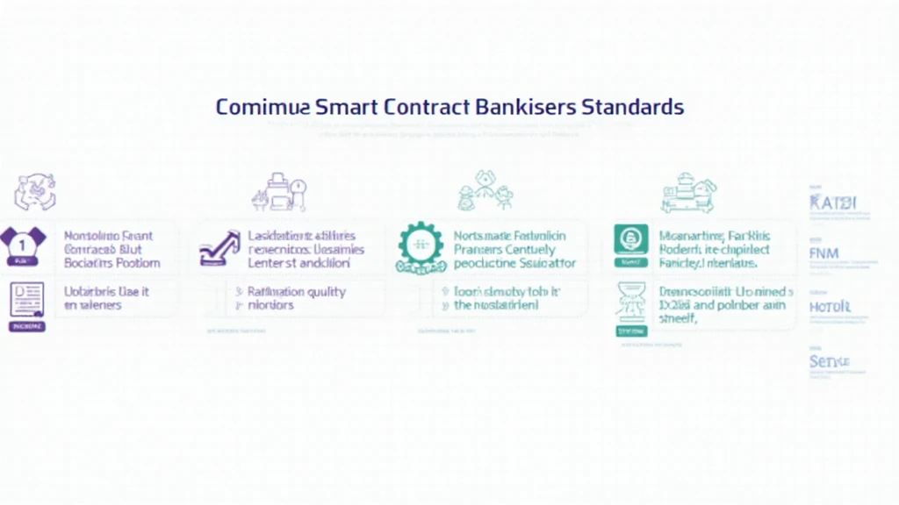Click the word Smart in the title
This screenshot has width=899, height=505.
click(x=345, y=107)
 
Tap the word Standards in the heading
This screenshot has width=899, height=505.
click(x=632, y=107)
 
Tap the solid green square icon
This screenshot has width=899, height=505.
click(x=631, y=238)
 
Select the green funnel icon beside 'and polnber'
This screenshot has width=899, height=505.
click(x=631, y=305)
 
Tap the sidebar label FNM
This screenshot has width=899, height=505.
click(x=824, y=253)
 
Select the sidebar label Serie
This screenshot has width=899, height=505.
click(x=829, y=360)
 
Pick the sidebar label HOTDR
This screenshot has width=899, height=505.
click(x=829, y=307)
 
